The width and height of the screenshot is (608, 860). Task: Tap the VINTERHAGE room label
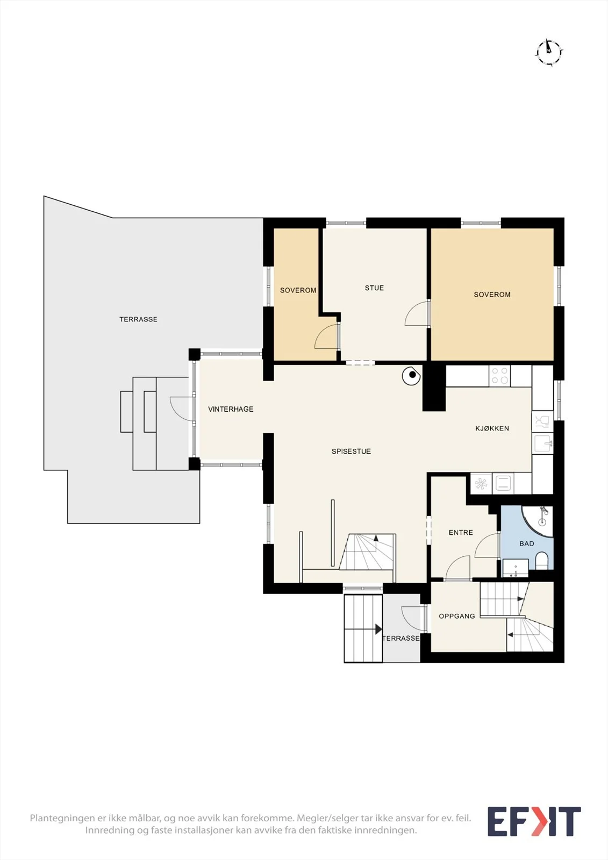click(x=231, y=409)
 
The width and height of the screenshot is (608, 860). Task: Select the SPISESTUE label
click(x=351, y=451)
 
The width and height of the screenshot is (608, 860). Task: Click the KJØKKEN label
click(x=492, y=428)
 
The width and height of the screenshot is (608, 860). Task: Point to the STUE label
click(x=374, y=288)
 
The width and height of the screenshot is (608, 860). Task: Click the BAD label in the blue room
click(x=527, y=543)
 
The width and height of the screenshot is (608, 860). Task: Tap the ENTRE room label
click(x=461, y=533)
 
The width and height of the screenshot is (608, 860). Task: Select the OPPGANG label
click(x=457, y=616)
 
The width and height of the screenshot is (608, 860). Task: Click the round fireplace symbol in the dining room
click(x=411, y=376)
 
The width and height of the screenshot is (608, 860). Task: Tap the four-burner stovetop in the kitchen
click(x=500, y=376)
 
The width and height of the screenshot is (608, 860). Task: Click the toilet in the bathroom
click(x=541, y=561)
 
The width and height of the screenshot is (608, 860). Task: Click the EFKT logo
click(x=534, y=822)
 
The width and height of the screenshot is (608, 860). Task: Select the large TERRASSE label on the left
click(x=138, y=319)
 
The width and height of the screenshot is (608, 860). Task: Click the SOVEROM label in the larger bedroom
click(x=492, y=295)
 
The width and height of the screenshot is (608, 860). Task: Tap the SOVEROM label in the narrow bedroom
click(x=298, y=291)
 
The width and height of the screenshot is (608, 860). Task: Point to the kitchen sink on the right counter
click(x=542, y=443)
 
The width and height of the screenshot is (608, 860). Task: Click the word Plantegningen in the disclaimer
click(x=61, y=818)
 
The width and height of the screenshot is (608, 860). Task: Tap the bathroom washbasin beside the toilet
click(x=516, y=568)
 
